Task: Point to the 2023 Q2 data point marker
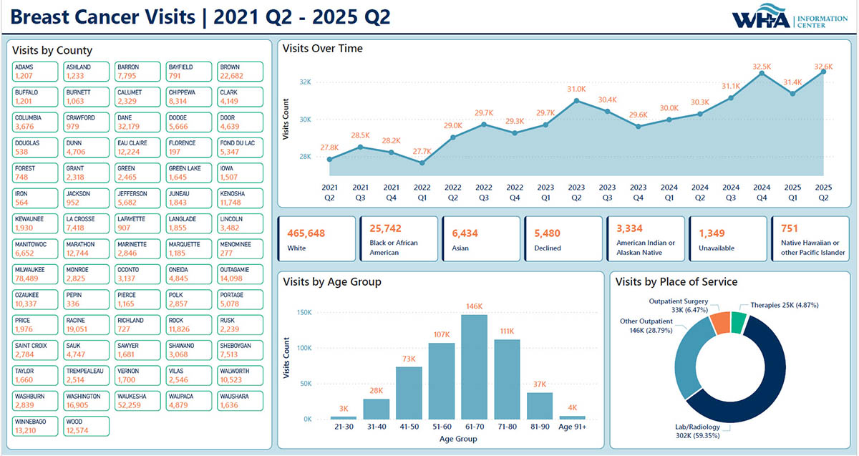coord(576,100)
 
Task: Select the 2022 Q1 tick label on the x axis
coord(422,191)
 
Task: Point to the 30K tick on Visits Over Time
coord(305,120)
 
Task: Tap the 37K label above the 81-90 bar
coord(539,384)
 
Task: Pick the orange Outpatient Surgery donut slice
coord(720,323)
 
